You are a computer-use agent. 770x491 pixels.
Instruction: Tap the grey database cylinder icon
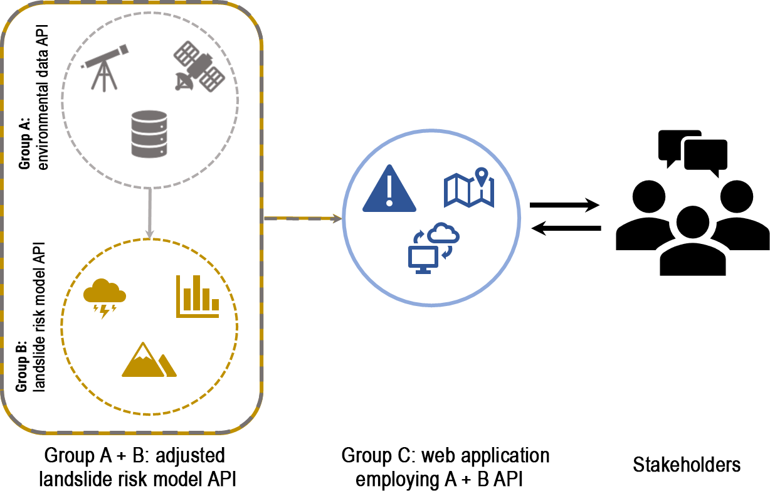(x=149, y=134)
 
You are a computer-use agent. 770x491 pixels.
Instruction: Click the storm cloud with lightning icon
(x=104, y=298)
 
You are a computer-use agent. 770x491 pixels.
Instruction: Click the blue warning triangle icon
(x=389, y=187)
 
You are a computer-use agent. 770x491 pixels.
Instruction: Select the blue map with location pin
(x=469, y=187)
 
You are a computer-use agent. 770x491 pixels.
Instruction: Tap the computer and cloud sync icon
(x=433, y=248)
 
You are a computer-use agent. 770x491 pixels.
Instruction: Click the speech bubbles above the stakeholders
(x=692, y=150)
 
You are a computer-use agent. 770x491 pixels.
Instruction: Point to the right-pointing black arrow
(x=564, y=204)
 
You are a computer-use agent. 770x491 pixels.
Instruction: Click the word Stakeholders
(x=687, y=465)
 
